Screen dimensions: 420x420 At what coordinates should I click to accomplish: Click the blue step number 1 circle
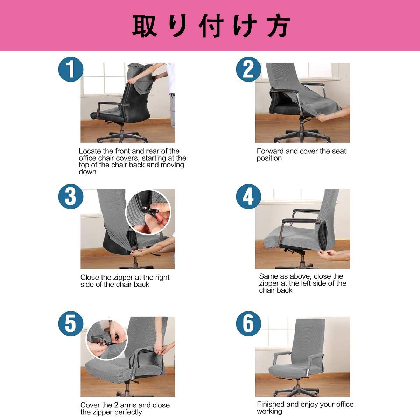pyautogui.click(x=71, y=69)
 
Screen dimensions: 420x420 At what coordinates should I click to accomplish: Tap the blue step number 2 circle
pyautogui.click(x=248, y=69)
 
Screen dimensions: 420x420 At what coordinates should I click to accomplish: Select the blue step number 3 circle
pyautogui.click(x=71, y=196)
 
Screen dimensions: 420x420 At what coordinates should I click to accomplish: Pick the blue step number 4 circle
pyautogui.click(x=248, y=196)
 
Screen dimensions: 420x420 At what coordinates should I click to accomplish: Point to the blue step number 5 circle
pyautogui.click(x=71, y=324)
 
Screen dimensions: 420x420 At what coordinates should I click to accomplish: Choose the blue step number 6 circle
pyautogui.click(x=248, y=324)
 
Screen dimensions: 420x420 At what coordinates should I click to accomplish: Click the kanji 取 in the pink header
pyautogui.click(x=145, y=26)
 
